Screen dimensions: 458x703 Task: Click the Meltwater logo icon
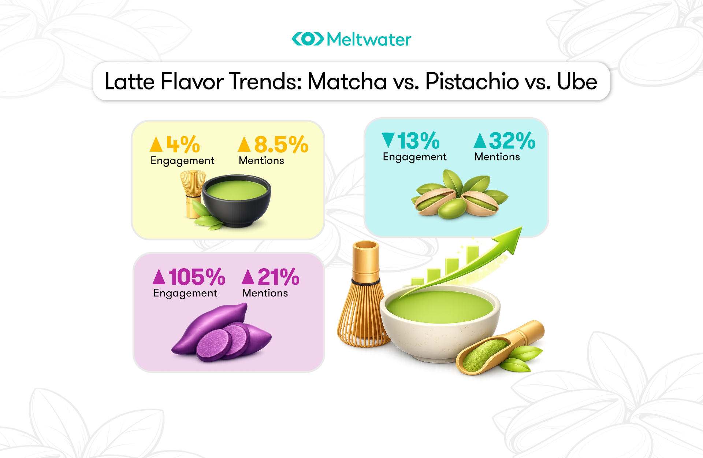(x=308, y=39)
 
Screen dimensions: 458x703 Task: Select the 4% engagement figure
(x=183, y=144)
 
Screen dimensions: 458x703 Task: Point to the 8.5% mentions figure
(x=281, y=144)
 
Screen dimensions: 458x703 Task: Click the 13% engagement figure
(x=418, y=141)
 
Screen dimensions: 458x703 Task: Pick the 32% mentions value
(x=512, y=141)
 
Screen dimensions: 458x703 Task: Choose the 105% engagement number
(x=197, y=277)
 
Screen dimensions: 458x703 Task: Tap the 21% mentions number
(x=278, y=277)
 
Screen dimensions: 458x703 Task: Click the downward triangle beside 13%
(x=388, y=140)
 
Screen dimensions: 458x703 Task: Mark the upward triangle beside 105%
(x=159, y=277)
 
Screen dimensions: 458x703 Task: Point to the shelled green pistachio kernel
(x=452, y=209)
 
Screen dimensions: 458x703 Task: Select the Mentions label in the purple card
(x=265, y=293)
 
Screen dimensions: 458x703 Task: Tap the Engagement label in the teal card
(x=414, y=157)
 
